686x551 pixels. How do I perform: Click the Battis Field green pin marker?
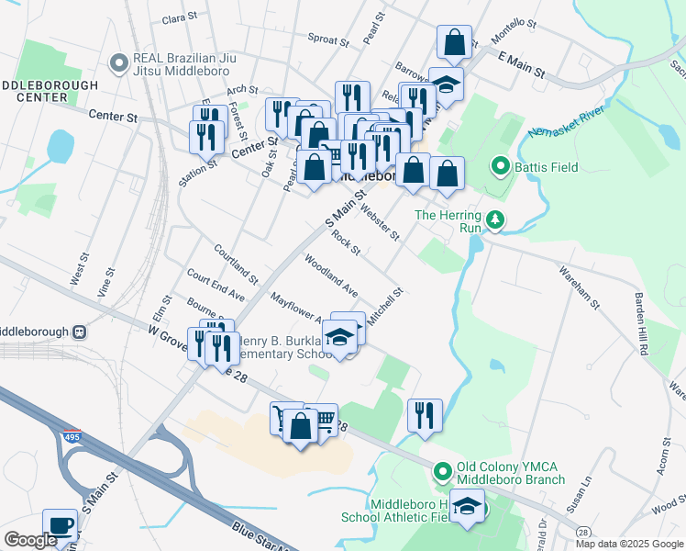click(x=500, y=167)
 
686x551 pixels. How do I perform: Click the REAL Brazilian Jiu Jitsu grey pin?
click(x=117, y=62)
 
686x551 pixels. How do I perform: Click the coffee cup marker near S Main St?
click(x=61, y=527)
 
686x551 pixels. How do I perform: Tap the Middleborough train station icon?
click(x=80, y=332)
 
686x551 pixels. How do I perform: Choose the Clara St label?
click(x=179, y=17)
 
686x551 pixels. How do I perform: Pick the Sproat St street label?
click(x=328, y=39)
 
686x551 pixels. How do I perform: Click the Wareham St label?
click(x=580, y=287)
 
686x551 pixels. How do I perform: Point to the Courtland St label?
click(x=235, y=262)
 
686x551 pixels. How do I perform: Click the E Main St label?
click(x=521, y=63)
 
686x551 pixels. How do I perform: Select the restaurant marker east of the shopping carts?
click(x=425, y=416)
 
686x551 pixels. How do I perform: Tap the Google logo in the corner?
click(x=29, y=540)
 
